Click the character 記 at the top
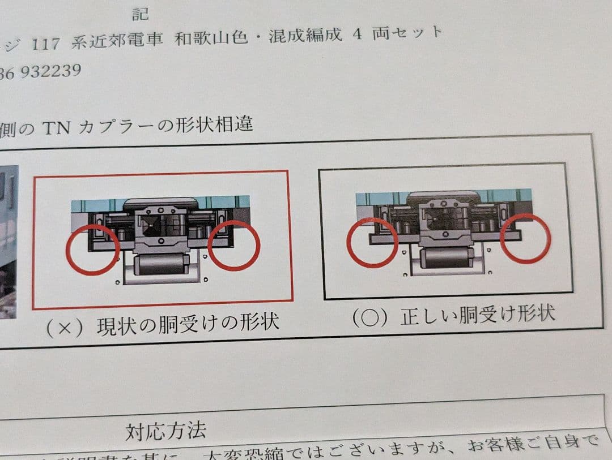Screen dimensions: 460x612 click(141, 12)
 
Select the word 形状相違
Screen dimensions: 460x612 click(220, 123)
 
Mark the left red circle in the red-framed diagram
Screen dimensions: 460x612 click(92, 248)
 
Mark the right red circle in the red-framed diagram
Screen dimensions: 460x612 click(234, 245)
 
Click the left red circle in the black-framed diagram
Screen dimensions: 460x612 click(372, 242)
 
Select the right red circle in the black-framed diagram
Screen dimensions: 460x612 click(525, 238)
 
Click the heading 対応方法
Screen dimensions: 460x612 click(165, 432)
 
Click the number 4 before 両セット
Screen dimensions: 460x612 click(357, 33)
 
